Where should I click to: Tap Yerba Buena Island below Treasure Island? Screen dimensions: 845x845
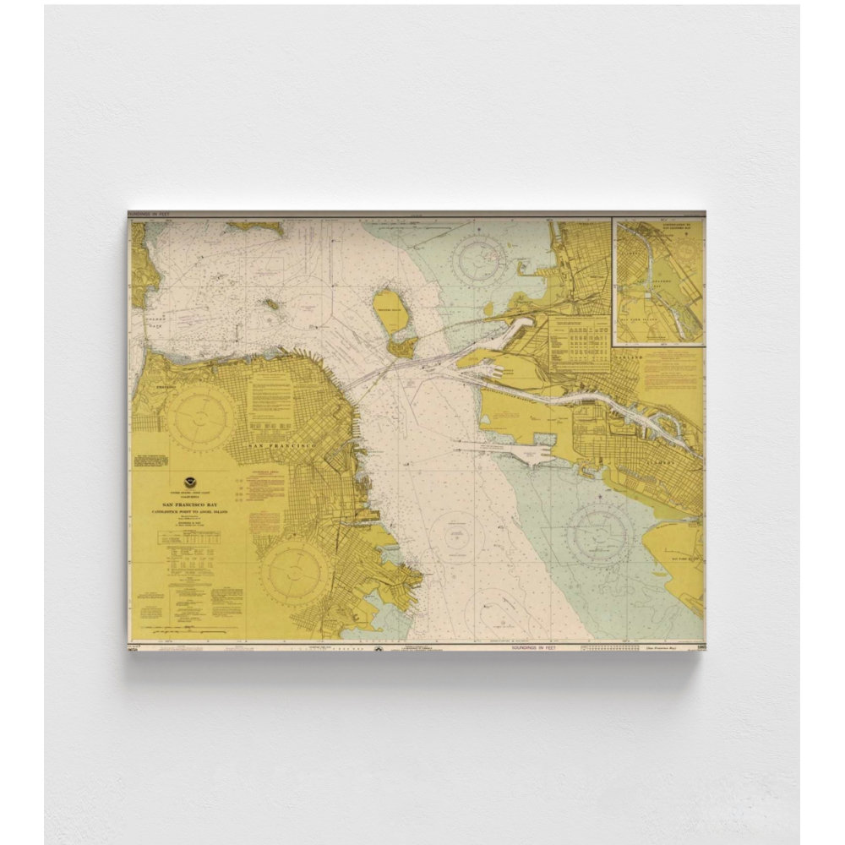point(403,346)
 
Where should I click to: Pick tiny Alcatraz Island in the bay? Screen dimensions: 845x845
point(271,303)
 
